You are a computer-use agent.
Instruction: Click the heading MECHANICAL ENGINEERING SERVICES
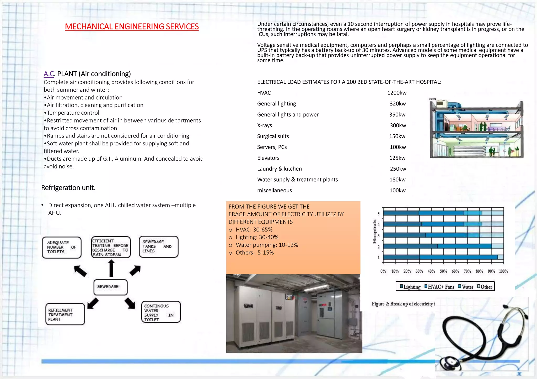pyautogui.click(x=132, y=27)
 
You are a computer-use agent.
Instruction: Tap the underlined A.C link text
pyautogui.click(x=49, y=74)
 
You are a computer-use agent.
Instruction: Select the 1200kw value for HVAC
pyautogui.click(x=397, y=93)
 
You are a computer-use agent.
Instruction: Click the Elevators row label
pyautogui.click(x=268, y=158)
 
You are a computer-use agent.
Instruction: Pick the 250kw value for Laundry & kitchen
pyautogui.click(x=398, y=169)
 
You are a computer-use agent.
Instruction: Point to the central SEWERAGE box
pyautogui.click(x=110, y=287)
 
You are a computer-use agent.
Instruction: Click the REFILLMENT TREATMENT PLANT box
pyautogui.click(x=65, y=314)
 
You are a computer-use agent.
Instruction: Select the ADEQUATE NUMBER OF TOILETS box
pyautogui.click(x=62, y=247)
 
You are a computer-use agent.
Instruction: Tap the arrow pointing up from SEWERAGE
pyautogui.click(x=111, y=268)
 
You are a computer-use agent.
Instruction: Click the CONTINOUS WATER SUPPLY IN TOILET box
pyautogui.click(x=161, y=312)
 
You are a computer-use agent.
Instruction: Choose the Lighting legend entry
pyautogui.click(x=410, y=287)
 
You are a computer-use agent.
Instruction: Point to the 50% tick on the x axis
pyautogui.click(x=443, y=271)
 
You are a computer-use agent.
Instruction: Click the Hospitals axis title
pyautogui.click(x=374, y=231)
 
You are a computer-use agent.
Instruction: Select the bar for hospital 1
pyautogui.click(x=441, y=257)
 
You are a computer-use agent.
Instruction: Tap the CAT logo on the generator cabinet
pyautogui.click(x=289, y=297)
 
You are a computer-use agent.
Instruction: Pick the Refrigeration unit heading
pyautogui.click(x=68, y=188)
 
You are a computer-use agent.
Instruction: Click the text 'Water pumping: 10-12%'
pyautogui.click(x=267, y=245)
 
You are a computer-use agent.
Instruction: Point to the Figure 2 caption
pyautogui.click(x=403, y=304)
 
